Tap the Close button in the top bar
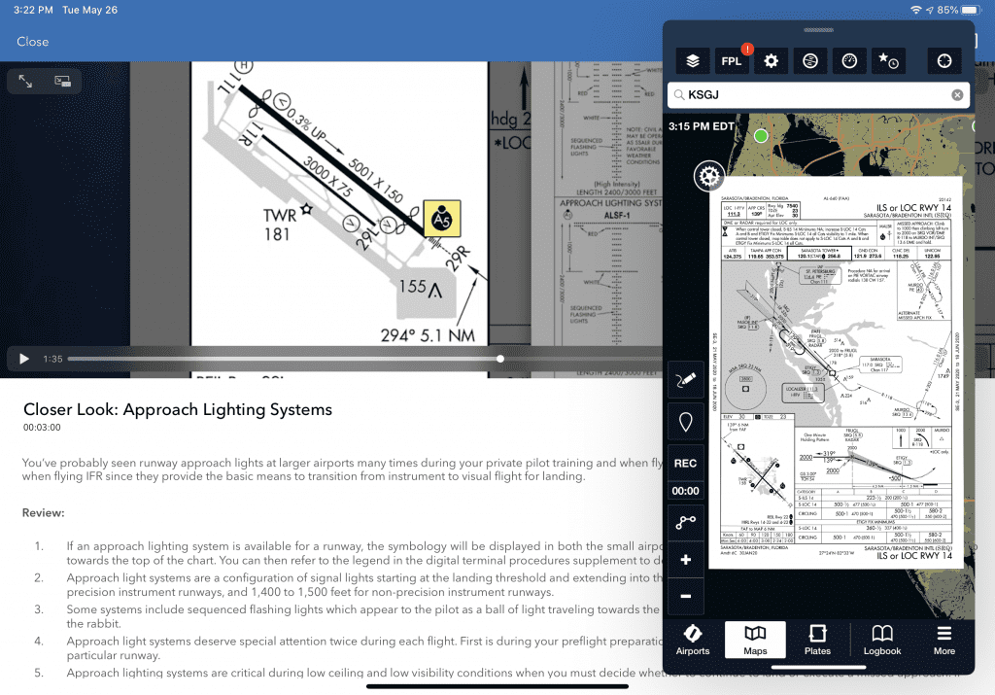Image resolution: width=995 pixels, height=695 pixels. (32, 42)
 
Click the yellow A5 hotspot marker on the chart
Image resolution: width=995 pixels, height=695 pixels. (442, 220)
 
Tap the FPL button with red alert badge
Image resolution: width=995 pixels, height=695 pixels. (732, 61)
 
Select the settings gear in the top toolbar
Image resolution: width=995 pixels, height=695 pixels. (772, 61)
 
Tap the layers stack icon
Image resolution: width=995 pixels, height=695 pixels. (692, 61)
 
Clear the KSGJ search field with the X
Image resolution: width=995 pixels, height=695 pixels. (957, 95)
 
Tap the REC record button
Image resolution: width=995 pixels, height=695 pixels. (685, 464)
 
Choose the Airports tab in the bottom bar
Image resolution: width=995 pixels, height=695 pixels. (693, 639)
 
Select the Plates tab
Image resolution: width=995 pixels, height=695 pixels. (818, 639)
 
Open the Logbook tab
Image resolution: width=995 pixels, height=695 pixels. (882, 639)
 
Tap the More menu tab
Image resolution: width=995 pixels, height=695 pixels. (944, 639)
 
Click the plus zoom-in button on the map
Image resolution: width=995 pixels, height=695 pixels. (685, 561)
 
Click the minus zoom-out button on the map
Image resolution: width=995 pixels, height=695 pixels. (685, 595)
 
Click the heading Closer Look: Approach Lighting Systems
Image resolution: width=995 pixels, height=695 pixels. (178, 409)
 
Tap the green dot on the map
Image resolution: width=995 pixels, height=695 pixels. (761, 136)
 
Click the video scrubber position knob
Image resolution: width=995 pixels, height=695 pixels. (500, 359)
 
